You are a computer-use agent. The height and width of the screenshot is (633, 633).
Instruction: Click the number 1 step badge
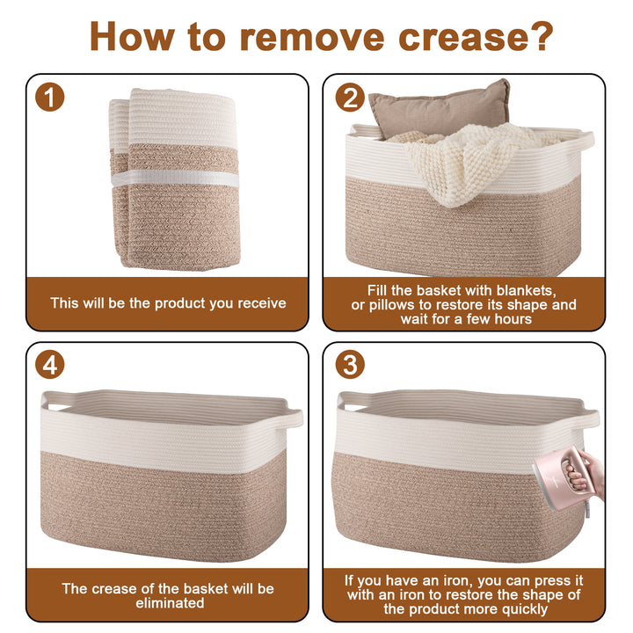coord(49,97)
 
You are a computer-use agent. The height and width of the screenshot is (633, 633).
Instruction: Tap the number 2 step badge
coord(350,98)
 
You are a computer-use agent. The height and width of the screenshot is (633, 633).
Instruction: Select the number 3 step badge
coord(350,365)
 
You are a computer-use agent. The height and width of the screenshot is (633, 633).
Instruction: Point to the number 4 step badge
coord(49,365)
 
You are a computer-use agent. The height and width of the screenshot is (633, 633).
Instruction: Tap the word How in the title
coord(134,36)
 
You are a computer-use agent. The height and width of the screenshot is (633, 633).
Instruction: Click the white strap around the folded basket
coord(175,178)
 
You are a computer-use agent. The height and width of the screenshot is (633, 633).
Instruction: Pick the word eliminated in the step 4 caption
coord(170,603)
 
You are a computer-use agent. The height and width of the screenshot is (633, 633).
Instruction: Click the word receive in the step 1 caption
coord(262,303)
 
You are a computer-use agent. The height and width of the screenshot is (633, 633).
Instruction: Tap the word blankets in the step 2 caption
coord(526,291)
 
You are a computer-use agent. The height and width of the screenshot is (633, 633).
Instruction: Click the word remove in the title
coord(312,37)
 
